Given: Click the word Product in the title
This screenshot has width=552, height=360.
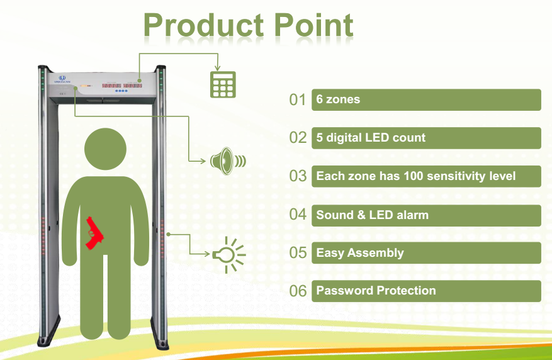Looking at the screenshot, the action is (204, 25).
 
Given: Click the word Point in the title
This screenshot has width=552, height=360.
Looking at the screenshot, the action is (313, 25).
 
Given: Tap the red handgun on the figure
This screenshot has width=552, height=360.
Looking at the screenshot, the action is (94, 233).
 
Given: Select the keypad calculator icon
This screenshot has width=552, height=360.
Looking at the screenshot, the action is (223, 84).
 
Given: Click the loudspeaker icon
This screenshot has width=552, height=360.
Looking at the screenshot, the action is (228, 161).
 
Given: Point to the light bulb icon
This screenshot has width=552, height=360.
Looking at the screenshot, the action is (229, 255).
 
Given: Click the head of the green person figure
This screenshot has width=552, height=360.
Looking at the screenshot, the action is (105, 149).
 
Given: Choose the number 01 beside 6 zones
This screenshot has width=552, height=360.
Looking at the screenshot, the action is (298, 100).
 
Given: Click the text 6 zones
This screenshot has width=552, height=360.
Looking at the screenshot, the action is (338, 99).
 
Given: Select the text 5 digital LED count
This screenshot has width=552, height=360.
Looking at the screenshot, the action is (371, 138).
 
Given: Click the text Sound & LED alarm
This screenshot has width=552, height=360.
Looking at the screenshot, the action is (372, 215).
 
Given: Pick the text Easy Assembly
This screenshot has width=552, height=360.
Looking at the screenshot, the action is (360, 253).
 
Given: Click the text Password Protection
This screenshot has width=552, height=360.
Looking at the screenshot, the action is (376, 291).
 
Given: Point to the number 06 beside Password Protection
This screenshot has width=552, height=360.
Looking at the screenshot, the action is (298, 291).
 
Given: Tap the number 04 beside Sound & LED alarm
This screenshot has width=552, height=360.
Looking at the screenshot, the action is (298, 215).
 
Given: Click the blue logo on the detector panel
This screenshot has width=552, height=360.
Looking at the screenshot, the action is (62, 79).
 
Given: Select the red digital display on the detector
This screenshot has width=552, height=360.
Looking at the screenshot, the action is (122, 86).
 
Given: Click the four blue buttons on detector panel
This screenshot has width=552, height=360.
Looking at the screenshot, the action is (121, 91).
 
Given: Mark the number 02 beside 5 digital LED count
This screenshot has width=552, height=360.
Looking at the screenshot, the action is (298, 138).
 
